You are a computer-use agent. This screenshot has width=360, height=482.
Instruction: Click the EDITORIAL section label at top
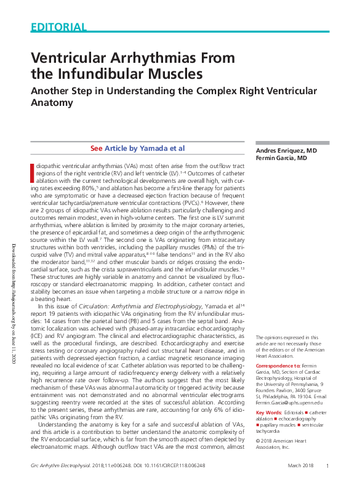(x=58, y=27)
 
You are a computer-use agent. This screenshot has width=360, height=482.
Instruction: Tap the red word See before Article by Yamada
(x=97, y=148)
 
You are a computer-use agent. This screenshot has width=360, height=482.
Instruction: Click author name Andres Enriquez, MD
(x=286, y=151)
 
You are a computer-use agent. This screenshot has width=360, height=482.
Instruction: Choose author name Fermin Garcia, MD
(x=281, y=158)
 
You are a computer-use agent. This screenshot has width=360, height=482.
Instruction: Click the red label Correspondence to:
(x=278, y=366)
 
